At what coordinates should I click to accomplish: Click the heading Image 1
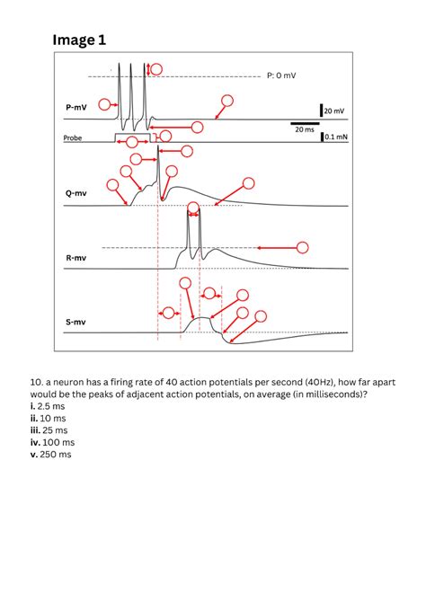pos(79,40)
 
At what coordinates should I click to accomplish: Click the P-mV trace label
pos(76,108)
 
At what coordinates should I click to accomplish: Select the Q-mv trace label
pos(75,193)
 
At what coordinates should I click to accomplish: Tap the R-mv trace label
pos(75,258)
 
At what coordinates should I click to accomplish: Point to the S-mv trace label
pos(75,322)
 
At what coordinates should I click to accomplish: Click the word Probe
pos(73,138)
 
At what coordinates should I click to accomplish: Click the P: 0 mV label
pos(281,75)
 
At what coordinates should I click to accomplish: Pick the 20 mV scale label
pos(333,111)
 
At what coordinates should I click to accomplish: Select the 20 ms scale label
pos(305,129)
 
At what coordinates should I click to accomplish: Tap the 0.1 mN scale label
pos(335,137)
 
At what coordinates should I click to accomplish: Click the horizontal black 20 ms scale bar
pos(304,121)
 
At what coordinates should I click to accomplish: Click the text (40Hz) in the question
pos(271,381)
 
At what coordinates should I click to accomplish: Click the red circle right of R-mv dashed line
pos(303,247)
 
